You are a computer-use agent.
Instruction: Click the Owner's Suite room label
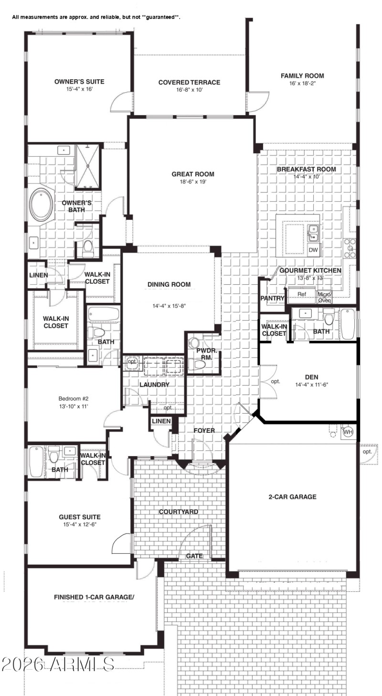tap(79, 82)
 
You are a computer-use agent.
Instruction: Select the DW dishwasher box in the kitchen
tap(313, 250)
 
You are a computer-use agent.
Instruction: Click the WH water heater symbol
tap(348, 432)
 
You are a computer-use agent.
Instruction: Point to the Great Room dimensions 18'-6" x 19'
tap(193, 182)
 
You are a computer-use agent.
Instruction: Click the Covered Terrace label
tap(190, 83)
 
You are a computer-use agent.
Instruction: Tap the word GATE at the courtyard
tap(194, 556)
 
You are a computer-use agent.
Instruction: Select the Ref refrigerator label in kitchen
tap(302, 294)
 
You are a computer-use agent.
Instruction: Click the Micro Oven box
tap(325, 297)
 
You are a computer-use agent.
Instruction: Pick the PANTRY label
tap(273, 299)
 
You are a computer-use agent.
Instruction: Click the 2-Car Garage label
tap(292, 497)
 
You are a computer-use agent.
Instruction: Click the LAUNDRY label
tap(154, 385)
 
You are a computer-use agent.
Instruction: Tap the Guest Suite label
tap(79, 517)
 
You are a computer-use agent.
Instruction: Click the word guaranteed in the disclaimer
tap(161, 17)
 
